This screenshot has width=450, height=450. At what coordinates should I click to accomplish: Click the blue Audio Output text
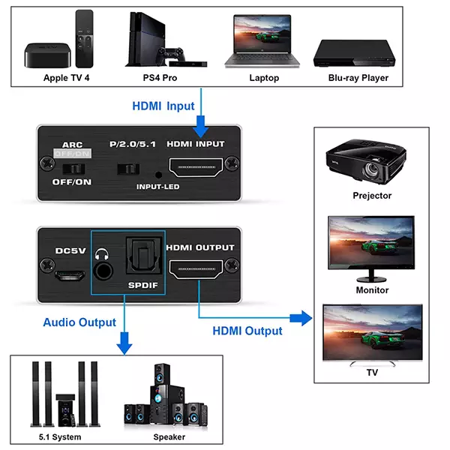pos(79,322)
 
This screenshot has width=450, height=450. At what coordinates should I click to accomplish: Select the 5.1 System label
pos(60,436)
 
